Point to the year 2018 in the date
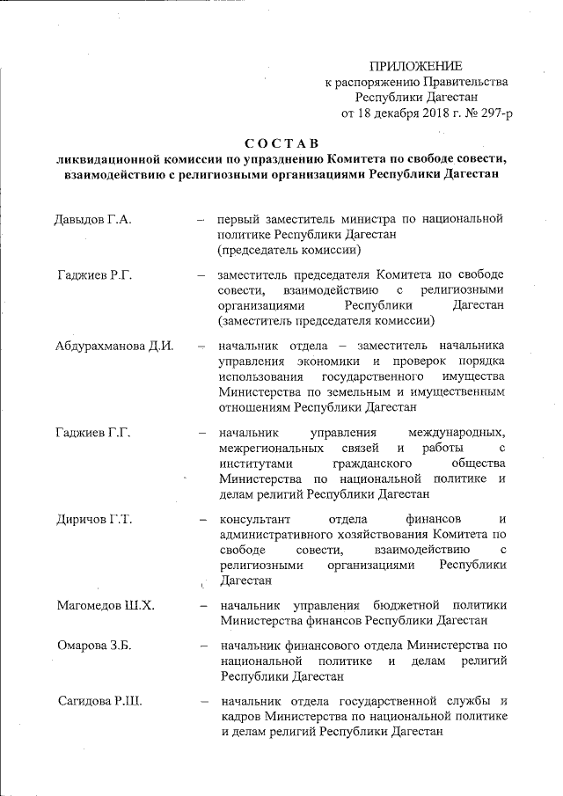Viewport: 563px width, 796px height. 425,113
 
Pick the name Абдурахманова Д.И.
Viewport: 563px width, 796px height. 113,346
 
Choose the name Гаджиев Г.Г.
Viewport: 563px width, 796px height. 93,433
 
